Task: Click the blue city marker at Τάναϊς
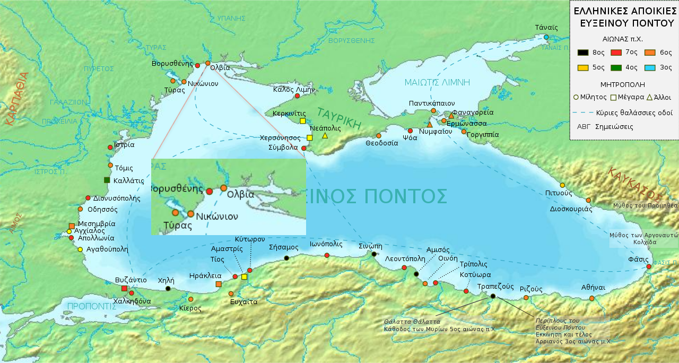[546, 37]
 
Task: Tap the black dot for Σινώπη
[374, 254]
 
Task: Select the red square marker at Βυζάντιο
[124, 289]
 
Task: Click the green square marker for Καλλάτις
[107, 180]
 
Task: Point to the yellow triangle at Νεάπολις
[325, 136]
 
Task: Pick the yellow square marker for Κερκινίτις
[303, 121]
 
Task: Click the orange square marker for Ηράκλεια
[219, 284]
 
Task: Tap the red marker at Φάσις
[648, 266]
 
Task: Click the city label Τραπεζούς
[495, 287]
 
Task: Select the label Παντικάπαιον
[431, 103]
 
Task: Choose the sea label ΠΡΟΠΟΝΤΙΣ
[92, 306]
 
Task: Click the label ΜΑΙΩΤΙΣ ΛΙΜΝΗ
[437, 82]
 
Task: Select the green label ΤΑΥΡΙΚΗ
[339, 119]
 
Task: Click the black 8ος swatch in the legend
[583, 53]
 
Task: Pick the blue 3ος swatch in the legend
[650, 67]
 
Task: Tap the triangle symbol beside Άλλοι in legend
[649, 97]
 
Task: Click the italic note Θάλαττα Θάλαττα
[412, 322]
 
